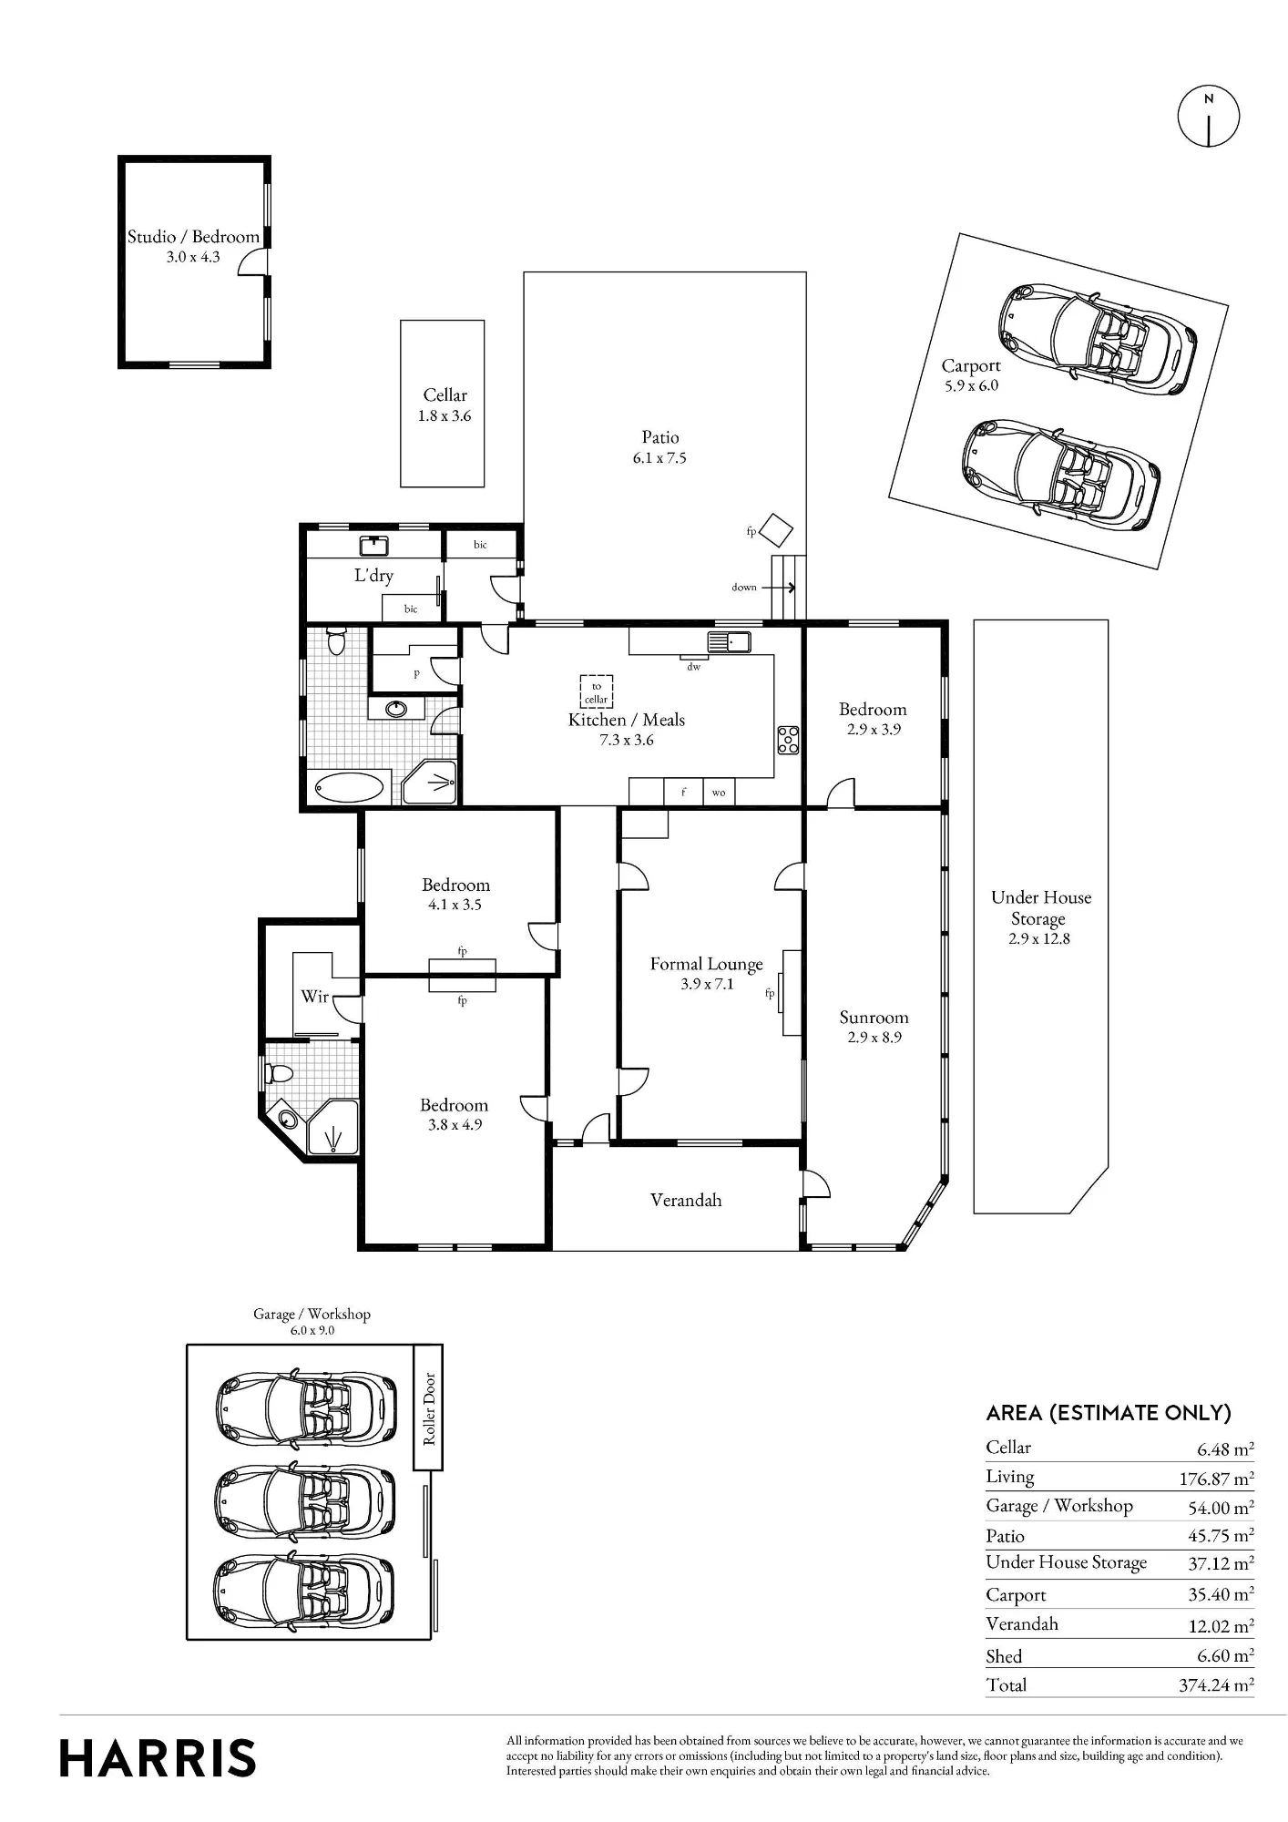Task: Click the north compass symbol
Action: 1209,117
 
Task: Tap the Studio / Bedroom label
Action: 193,237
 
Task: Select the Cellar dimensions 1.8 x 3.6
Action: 445,416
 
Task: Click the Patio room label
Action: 660,437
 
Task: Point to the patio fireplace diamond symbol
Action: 776,530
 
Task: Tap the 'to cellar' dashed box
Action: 597,691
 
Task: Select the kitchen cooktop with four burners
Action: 788,740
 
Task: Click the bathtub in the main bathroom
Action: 349,788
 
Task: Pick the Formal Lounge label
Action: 707,964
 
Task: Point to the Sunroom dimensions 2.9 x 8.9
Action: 874,1038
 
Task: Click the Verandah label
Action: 686,1200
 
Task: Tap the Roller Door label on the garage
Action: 429,1407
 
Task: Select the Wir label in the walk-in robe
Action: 314,996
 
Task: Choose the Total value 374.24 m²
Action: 1216,1685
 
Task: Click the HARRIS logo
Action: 158,1758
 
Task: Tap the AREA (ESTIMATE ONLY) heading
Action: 1109,1413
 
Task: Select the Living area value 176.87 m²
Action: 1216,1479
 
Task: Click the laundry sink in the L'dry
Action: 375,546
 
